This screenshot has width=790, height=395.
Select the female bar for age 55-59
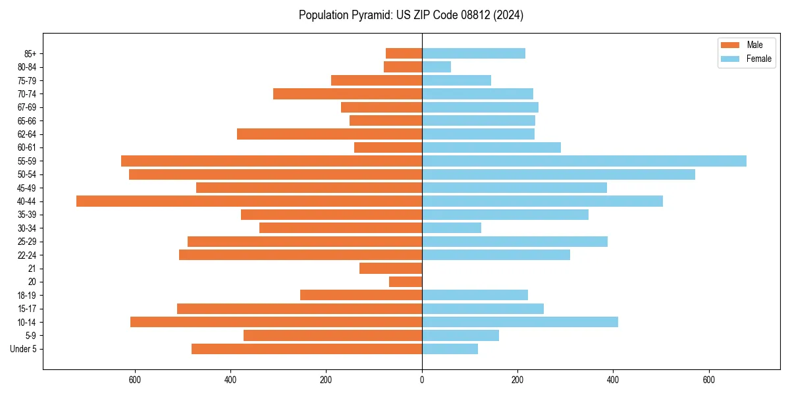[584, 161]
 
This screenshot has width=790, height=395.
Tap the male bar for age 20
[406, 282]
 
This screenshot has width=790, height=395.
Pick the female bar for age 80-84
[436, 66]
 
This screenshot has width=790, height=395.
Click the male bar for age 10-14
[276, 322]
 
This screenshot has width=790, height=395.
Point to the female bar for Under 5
[450, 349]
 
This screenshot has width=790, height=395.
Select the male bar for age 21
[390, 268]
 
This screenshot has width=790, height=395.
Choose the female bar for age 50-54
[558, 174]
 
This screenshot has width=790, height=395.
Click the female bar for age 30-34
[452, 228]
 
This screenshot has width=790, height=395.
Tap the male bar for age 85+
[404, 53]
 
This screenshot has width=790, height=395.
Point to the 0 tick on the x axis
[422, 380]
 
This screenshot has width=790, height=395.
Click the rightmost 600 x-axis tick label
[708, 380]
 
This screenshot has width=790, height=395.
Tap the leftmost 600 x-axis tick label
[135, 380]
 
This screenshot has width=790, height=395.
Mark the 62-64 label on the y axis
[28, 134]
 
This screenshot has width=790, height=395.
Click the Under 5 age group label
[24, 349]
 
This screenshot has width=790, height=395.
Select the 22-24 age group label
[28, 255]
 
